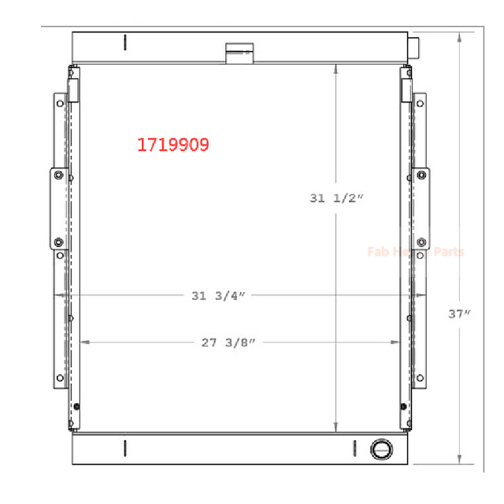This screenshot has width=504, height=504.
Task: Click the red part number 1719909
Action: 173,145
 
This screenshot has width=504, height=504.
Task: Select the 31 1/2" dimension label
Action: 336,199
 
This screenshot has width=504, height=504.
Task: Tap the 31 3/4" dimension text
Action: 218,296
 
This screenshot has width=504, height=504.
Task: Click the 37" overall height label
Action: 461,313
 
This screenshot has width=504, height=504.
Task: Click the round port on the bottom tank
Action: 380,450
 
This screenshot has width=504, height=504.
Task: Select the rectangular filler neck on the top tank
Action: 237,54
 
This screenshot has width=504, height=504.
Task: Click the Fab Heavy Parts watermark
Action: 416,252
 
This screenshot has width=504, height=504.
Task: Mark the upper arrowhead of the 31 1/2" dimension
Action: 337,70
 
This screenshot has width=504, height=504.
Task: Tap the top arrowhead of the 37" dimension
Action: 461,36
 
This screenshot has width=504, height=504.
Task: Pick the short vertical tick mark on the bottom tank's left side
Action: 125,448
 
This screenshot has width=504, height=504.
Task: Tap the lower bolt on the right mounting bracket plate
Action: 421,242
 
